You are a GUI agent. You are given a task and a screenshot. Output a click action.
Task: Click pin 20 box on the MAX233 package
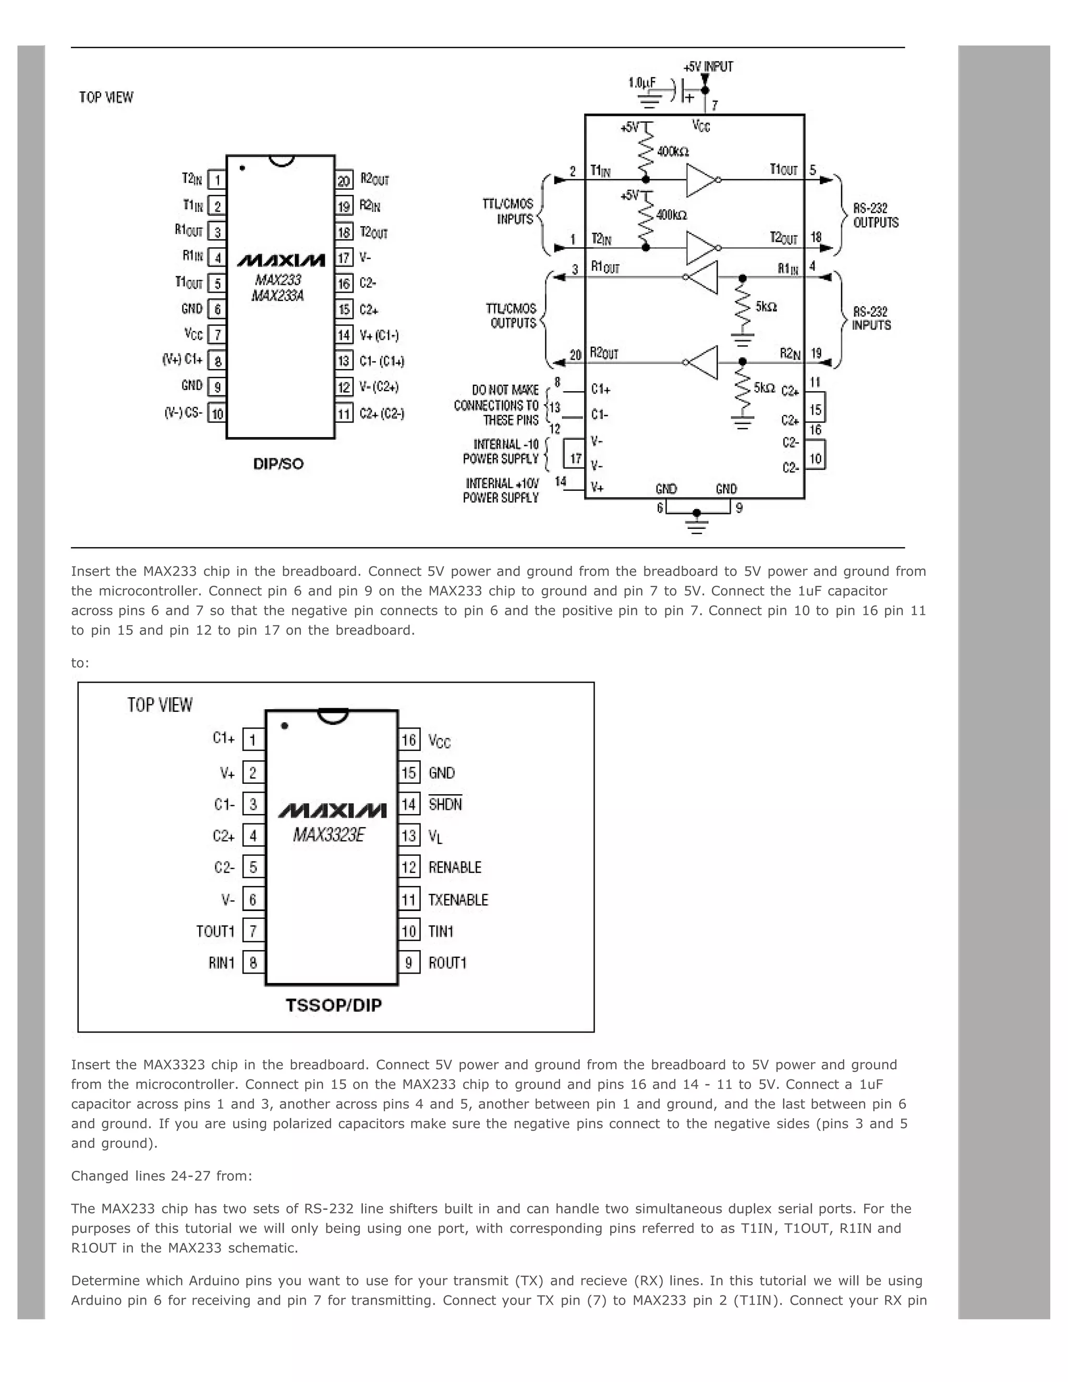(x=344, y=180)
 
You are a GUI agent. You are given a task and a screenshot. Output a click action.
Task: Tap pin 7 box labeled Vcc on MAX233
(x=217, y=335)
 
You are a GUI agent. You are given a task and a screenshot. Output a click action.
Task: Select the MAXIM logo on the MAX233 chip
(x=281, y=261)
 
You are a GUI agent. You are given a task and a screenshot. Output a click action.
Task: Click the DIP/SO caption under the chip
(x=278, y=464)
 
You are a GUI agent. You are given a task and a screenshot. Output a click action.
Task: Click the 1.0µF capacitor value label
(x=642, y=83)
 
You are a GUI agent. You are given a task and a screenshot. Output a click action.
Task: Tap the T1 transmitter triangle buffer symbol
(x=701, y=180)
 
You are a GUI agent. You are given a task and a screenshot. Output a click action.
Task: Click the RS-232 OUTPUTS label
(x=876, y=215)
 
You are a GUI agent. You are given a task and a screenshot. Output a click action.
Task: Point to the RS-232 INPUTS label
(x=871, y=318)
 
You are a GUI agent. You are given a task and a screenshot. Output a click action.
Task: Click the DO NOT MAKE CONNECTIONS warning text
(x=496, y=405)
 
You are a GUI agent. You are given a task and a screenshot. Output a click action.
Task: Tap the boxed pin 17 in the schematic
(x=575, y=457)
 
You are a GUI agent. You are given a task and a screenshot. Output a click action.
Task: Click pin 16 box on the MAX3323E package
(x=409, y=740)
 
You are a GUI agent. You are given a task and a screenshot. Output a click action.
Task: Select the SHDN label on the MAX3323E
(x=445, y=804)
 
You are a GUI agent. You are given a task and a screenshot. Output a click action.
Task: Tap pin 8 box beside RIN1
(x=253, y=963)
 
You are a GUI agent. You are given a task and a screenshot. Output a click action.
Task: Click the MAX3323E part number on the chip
(x=329, y=835)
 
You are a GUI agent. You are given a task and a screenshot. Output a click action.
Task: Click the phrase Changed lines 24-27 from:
(x=161, y=1175)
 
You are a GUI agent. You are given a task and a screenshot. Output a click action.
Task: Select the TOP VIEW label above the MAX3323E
(x=160, y=705)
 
